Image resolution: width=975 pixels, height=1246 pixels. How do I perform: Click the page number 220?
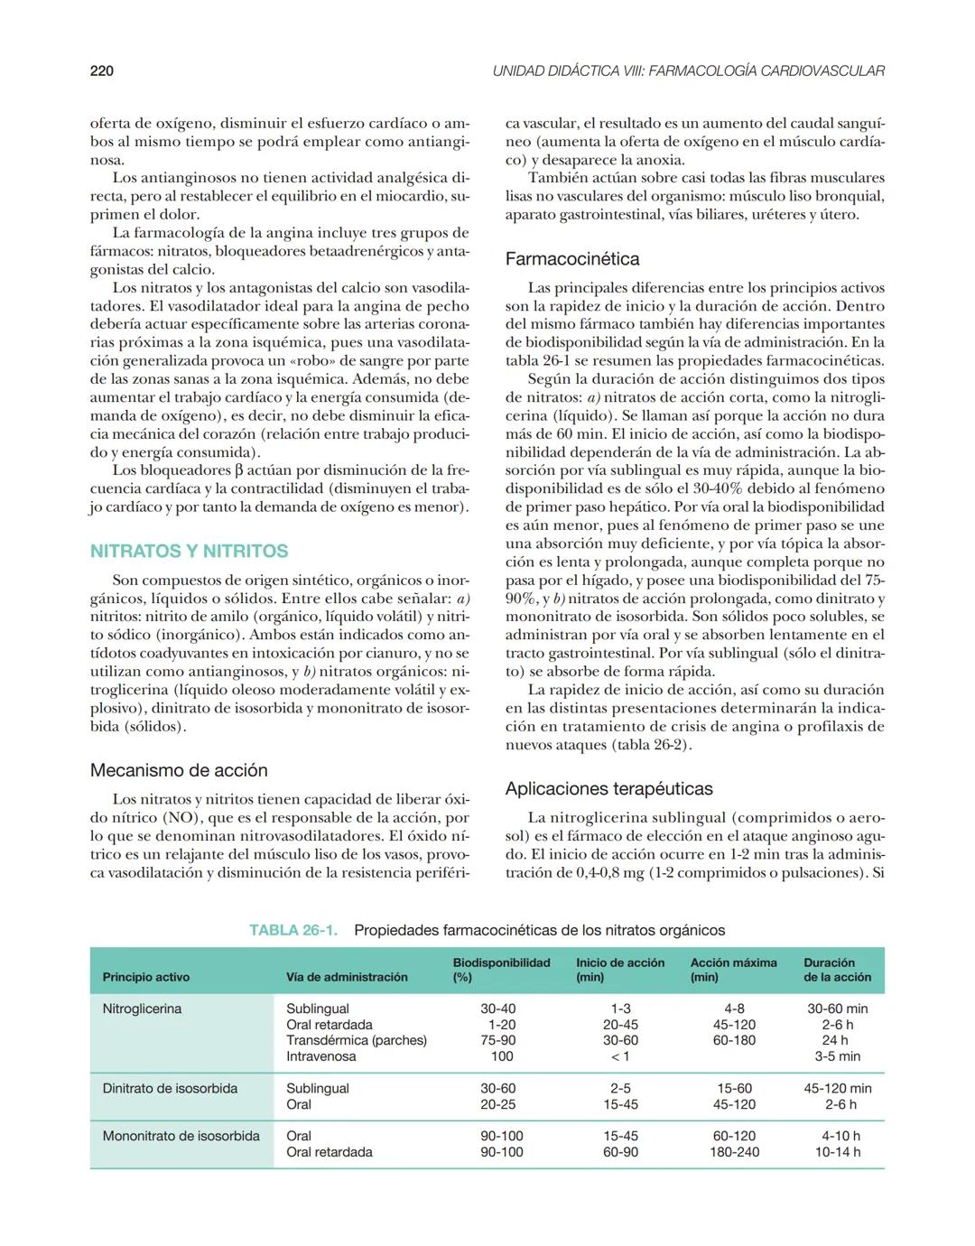(102, 70)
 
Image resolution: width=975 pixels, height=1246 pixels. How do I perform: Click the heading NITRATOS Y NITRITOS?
(189, 551)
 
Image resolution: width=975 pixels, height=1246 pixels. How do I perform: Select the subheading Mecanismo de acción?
(179, 770)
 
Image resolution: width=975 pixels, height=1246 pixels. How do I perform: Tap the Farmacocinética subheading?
(571, 259)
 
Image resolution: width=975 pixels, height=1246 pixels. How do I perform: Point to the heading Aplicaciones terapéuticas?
(608, 788)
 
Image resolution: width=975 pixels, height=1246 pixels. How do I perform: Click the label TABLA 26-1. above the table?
(293, 930)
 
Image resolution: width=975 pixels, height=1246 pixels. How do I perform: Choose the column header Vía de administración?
(347, 977)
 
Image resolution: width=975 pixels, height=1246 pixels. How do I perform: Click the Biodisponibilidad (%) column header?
(501, 970)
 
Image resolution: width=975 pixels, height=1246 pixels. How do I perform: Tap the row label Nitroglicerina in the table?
(142, 1009)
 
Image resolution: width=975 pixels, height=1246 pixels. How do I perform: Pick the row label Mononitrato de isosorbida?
(181, 1136)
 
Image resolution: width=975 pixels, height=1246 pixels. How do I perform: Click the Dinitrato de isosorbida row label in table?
(170, 1088)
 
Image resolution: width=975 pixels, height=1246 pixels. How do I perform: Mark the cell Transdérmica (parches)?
(356, 1040)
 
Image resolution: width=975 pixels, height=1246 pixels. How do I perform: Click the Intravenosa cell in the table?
(320, 1056)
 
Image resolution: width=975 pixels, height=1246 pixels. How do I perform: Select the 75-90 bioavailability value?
(497, 1040)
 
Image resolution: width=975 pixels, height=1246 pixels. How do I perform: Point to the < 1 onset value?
(620, 1056)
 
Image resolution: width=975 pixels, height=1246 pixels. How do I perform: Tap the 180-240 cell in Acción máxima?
(734, 1152)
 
